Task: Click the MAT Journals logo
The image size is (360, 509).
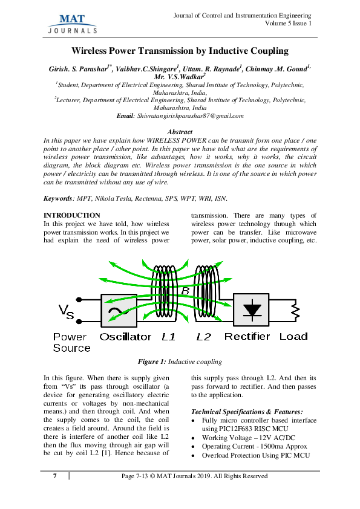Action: tap(72, 22)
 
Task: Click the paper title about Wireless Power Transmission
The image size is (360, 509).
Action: tap(180, 51)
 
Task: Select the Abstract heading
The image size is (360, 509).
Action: tap(180, 131)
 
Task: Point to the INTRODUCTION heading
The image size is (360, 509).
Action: tap(73, 215)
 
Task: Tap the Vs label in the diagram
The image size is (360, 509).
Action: tap(67, 311)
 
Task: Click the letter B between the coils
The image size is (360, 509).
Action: tap(186, 291)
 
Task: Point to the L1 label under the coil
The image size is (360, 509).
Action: tap(169, 337)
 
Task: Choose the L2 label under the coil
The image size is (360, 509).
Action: tap(204, 337)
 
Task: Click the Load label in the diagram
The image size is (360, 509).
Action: tap(293, 337)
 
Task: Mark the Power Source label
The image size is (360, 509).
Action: tap(71, 342)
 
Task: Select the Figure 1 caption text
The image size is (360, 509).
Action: tap(180, 361)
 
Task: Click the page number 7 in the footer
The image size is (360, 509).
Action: tap(55, 476)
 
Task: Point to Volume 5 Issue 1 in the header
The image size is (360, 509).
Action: tap(288, 23)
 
